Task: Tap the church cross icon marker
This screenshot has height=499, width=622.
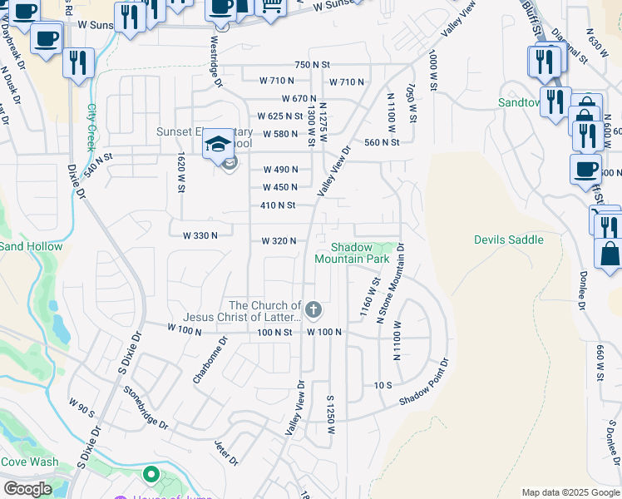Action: pos(313,311)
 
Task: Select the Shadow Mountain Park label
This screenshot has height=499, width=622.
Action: pos(352,253)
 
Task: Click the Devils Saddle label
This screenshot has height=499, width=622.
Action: pos(508,240)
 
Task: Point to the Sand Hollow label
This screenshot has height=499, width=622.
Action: pos(31,246)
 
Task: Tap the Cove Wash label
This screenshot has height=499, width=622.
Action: pos(29,462)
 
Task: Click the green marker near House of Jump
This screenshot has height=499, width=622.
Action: pos(151,475)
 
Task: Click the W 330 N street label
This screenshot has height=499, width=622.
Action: pos(200,235)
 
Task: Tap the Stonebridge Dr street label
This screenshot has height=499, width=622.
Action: pos(146,408)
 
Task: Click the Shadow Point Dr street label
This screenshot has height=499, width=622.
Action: pos(423,383)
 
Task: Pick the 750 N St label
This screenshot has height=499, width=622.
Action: pos(313,64)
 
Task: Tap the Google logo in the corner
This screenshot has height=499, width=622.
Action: pos(27,489)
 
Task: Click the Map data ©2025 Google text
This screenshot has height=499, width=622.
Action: pos(570,492)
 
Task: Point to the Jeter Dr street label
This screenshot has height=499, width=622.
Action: pos(226,453)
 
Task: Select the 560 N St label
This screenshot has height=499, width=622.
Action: pos(382,142)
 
